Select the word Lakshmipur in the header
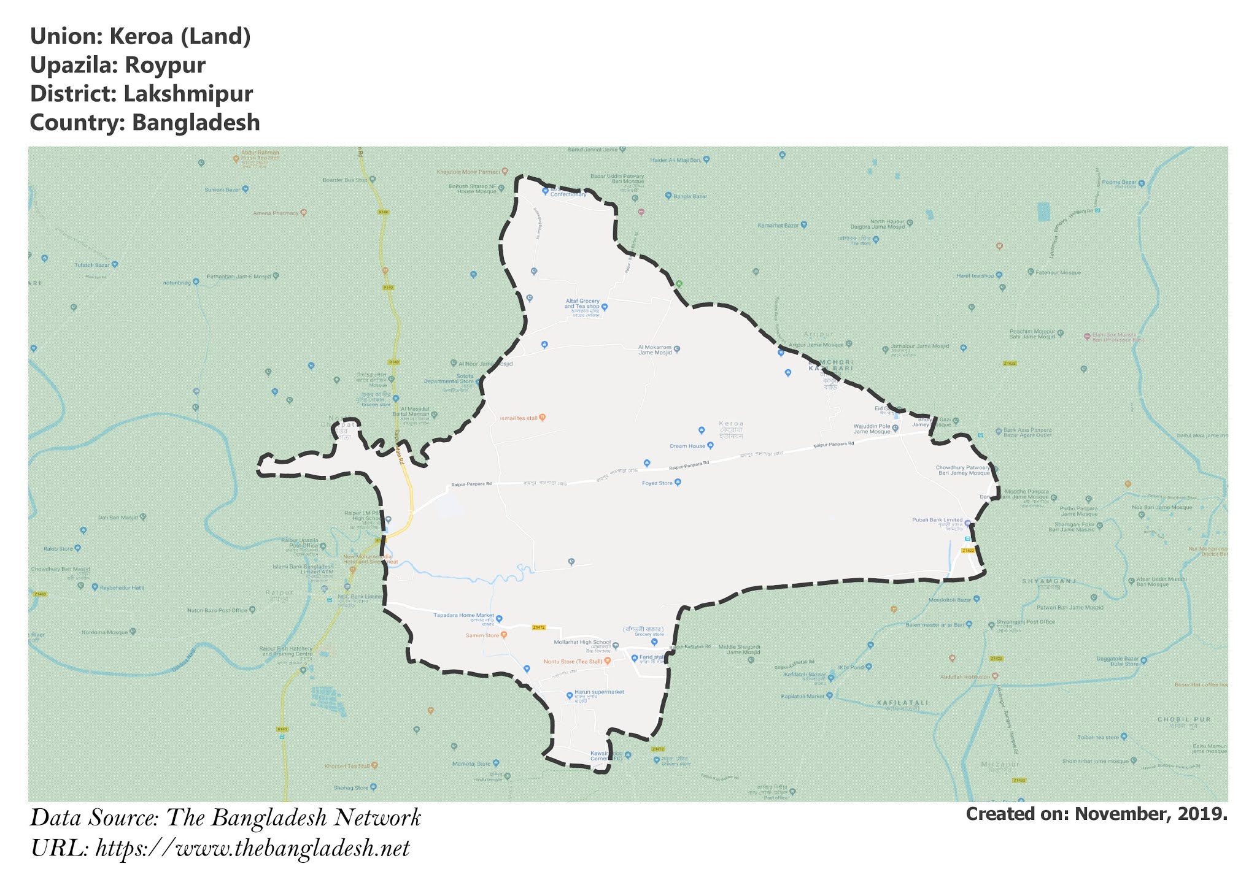[x=188, y=94]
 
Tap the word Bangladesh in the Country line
[x=196, y=123]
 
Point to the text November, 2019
[x=1151, y=814]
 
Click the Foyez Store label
[x=657, y=483]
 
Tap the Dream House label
[x=687, y=446]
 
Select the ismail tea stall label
[x=519, y=418]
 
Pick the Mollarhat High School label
[x=582, y=643]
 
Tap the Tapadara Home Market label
[x=464, y=615]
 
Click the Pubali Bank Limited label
[x=937, y=520]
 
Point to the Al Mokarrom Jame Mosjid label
[x=655, y=350]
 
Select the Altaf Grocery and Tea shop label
[x=582, y=304]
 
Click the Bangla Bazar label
[x=690, y=196]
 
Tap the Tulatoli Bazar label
[x=92, y=265]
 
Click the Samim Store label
[x=482, y=635]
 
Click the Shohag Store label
[x=351, y=787]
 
